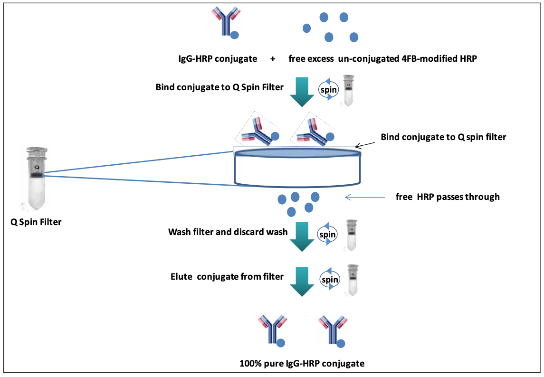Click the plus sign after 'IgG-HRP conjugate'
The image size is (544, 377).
point(273,59)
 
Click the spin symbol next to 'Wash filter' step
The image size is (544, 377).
point(328,235)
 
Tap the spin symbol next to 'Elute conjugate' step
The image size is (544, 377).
point(330,280)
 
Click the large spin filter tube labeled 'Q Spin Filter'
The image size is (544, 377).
point(34,178)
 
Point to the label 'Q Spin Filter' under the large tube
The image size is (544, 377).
point(36,222)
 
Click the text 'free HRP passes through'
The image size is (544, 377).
point(448,197)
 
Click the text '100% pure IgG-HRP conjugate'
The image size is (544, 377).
point(302,364)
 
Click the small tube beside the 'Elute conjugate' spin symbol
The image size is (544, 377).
point(352,280)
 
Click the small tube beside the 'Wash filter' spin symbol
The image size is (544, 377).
point(352,235)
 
